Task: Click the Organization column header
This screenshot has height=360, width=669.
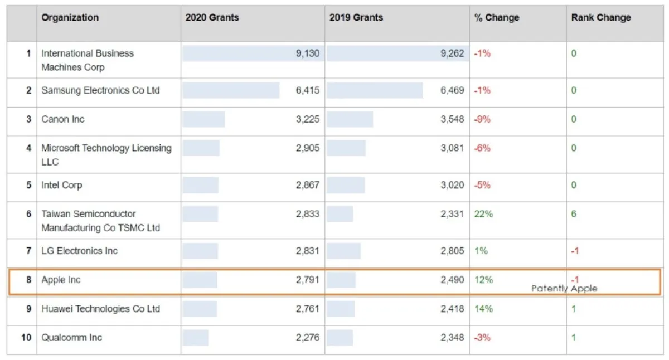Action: coord(70,18)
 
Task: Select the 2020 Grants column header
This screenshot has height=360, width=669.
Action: coord(212,18)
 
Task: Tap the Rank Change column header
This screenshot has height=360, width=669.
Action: coord(600,18)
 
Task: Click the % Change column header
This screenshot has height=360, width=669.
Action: coord(496,18)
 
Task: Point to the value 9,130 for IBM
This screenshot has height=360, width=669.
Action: coord(307,53)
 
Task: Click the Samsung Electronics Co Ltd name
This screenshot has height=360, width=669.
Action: coord(100,90)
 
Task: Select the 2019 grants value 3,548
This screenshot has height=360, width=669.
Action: coord(452,119)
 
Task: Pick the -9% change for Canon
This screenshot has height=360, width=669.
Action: coord(482,119)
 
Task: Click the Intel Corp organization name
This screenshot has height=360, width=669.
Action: coord(62,185)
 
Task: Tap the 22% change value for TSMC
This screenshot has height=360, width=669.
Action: coord(483,214)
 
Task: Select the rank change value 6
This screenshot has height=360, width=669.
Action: coord(574,214)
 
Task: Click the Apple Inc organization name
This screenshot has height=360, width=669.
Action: coord(61,280)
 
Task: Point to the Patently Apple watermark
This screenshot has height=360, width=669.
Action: coord(564,288)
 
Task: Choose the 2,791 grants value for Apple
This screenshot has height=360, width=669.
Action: coord(307,280)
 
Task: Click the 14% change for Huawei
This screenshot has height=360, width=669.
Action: coord(483,309)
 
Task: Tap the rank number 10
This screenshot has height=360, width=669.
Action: coord(26,338)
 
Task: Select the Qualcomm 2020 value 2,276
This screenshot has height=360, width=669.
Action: coord(307,338)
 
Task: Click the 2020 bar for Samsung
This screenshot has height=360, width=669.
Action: coord(231,90)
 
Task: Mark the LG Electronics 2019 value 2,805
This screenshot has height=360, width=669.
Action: coord(452,251)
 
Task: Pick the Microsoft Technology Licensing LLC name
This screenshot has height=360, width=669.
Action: coord(106,155)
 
